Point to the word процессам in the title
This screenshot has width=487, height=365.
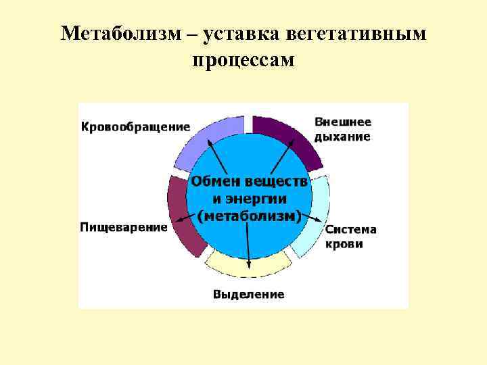pos(243,61)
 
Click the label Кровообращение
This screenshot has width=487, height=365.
pos(135,126)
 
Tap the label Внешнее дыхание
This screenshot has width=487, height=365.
pos(342,129)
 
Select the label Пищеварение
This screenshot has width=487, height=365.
pos(124,227)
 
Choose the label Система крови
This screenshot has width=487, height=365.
pos(351,237)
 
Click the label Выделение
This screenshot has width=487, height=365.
pos(248,294)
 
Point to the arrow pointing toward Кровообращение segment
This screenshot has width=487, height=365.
pos(217,156)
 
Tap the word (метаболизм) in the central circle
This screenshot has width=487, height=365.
pos(249,216)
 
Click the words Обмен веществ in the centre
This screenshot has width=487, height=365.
pos(249,182)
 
